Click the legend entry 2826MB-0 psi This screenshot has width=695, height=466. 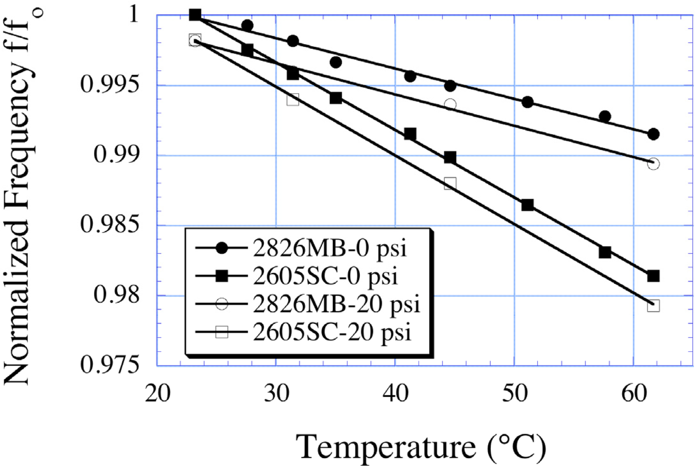(x=329, y=248)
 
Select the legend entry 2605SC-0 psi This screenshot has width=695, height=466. (x=325, y=276)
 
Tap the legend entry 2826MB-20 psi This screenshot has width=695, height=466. (x=336, y=304)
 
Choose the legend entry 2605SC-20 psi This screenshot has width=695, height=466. (x=332, y=332)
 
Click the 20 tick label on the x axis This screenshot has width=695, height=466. (x=158, y=393)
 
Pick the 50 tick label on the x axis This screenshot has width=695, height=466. (x=514, y=393)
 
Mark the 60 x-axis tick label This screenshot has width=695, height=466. (x=634, y=393)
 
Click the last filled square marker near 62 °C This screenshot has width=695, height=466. (x=653, y=276)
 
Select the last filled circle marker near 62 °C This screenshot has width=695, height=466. (x=653, y=134)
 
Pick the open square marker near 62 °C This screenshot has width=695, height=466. (x=653, y=306)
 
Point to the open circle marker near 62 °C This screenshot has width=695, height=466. (x=653, y=164)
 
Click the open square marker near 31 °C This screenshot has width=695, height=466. (x=293, y=99)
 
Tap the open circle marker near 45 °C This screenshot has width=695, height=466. (x=450, y=105)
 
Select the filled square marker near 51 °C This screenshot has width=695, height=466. (x=527, y=205)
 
